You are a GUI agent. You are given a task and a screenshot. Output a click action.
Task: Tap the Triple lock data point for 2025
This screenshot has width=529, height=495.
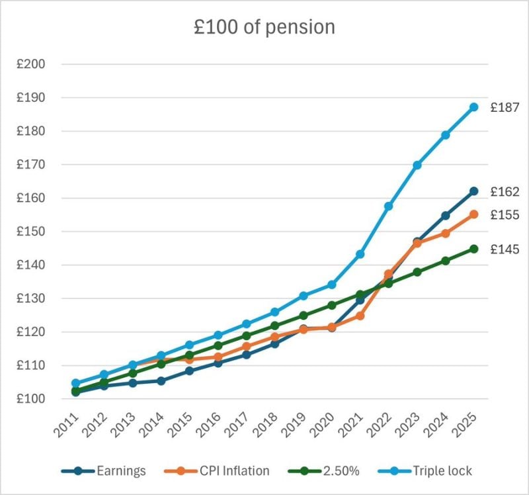(474, 107)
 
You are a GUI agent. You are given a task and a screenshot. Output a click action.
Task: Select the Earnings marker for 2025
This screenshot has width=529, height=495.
(474, 191)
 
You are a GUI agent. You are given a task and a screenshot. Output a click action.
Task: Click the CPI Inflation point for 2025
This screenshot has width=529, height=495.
(474, 214)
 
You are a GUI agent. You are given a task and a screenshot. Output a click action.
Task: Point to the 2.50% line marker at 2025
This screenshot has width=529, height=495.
(474, 249)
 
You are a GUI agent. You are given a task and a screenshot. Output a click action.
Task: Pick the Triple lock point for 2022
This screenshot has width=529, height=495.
(389, 206)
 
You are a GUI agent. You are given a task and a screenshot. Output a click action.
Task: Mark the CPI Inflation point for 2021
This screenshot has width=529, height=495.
(360, 316)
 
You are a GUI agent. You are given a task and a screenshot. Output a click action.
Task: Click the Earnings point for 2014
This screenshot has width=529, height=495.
(161, 381)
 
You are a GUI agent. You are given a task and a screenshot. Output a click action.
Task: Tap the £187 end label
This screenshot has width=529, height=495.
(505, 107)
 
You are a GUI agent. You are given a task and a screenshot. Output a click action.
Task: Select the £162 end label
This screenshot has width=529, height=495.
(505, 191)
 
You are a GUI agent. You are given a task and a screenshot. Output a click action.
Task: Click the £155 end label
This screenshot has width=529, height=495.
(505, 215)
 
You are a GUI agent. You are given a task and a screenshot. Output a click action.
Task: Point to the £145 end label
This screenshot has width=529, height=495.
(505, 249)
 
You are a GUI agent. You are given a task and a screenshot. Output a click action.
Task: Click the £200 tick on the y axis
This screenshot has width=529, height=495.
(30, 64)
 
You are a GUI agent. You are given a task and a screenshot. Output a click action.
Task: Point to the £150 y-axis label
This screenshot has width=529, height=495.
(30, 232)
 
